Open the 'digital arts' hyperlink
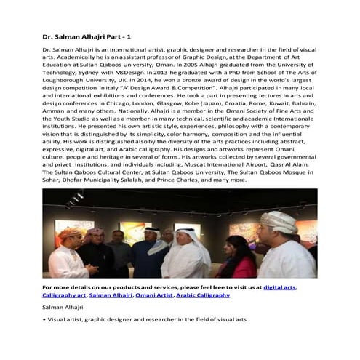coord(279,288)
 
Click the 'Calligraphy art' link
coord(64,295)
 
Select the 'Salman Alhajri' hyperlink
coord(111,295)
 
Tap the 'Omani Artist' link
coord(155,295)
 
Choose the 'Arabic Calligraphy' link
coord(203,295)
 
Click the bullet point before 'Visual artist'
coord(45,319)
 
